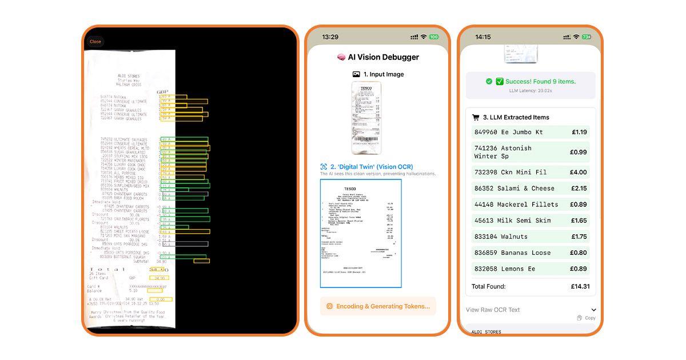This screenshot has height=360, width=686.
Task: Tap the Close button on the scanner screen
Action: [95, 42]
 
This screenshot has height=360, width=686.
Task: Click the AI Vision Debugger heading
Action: [383, 57]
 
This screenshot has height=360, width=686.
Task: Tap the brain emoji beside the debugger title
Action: [341, 57]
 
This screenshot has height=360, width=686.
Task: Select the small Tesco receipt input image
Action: [366, 118]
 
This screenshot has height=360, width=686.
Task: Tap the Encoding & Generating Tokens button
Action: [378, 306]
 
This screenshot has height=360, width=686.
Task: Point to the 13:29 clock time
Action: [330, 37]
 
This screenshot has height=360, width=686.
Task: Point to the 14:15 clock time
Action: [483, 37]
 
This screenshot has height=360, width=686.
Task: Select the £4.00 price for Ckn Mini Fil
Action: [579, 172]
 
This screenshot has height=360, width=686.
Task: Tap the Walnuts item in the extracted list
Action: [514, 237]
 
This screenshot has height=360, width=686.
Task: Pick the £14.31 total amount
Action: [579, 286]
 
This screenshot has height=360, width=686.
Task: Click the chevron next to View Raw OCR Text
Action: [594, 310]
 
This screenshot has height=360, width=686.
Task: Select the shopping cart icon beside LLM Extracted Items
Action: [476, 118]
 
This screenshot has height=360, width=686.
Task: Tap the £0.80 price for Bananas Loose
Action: [579, 253]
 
